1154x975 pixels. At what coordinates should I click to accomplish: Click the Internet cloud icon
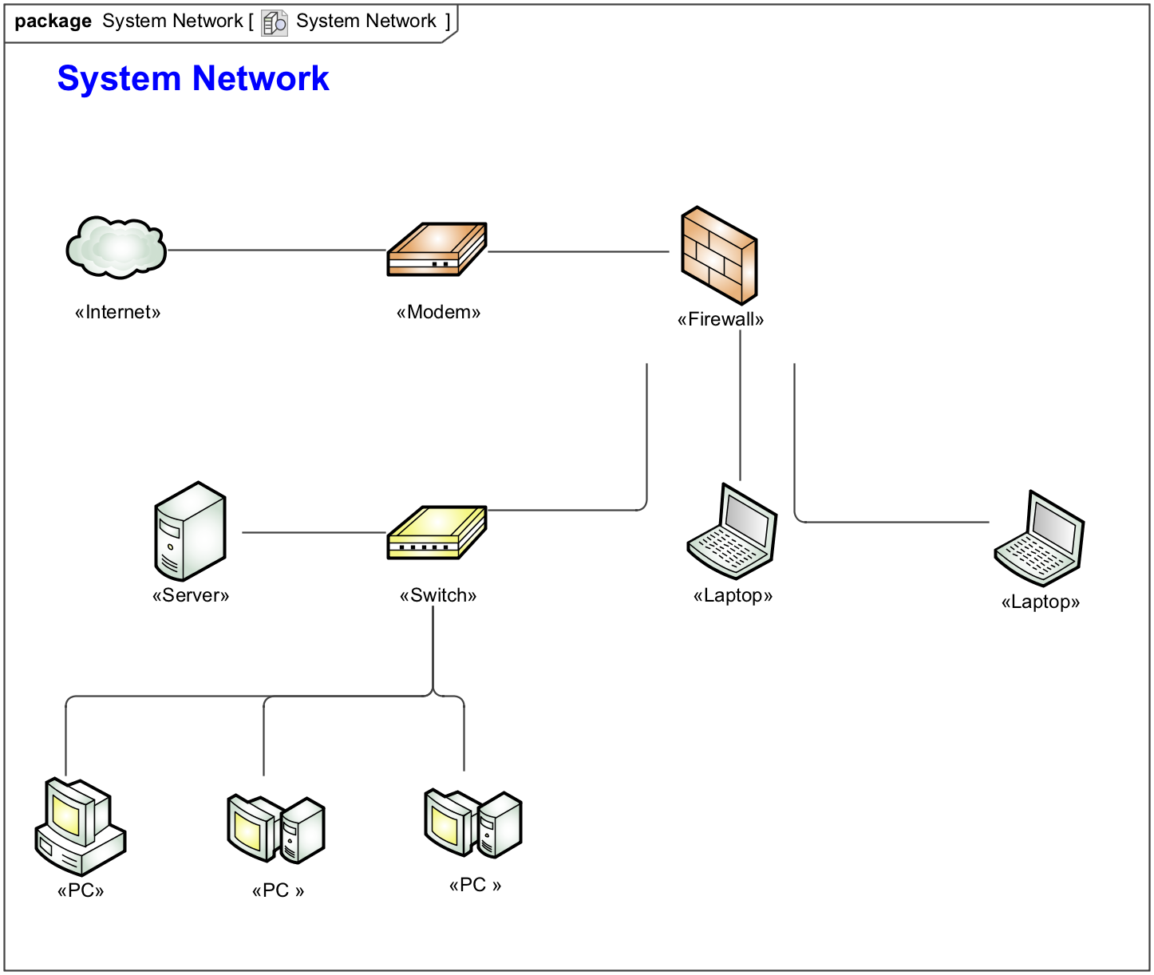tap(117, 247)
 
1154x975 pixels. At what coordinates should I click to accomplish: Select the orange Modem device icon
tap(437, 250)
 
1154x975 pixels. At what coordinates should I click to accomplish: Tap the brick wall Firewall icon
tap(718, 255)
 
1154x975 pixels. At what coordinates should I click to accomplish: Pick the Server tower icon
tap(190, 531)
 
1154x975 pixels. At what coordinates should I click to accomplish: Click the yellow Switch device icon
tap(437, 532)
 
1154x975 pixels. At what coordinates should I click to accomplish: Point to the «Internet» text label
tap(117, 312)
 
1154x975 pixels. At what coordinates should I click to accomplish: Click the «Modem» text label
tap(438, 312)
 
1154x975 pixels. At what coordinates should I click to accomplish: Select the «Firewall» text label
tap(720, 320)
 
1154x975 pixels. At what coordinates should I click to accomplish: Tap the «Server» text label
tap(190, 595)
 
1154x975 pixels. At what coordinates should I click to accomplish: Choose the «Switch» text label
tap(437, 595)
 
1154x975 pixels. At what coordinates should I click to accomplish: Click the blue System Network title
tap(193, 79)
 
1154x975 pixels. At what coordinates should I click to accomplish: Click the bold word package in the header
tap(53, 22)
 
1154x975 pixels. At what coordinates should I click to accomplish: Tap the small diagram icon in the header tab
tap(274, 22)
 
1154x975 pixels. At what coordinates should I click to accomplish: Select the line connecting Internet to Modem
tap(276, 251)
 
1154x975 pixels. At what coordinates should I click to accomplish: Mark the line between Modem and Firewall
tap(578, 252)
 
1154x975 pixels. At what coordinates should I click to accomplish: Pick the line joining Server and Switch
tap(314, 532)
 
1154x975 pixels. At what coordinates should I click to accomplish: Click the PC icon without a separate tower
tap(80, 827)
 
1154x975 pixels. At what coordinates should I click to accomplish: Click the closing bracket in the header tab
tap(448, 22)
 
